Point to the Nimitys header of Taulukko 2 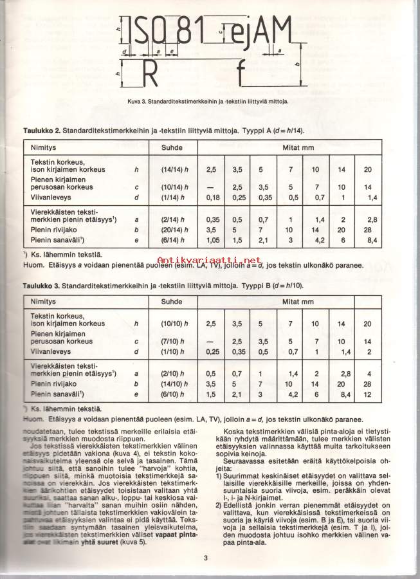(x=44, y=147)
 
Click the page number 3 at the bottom (x=205, y=557)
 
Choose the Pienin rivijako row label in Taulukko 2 (x=52, y=230)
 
